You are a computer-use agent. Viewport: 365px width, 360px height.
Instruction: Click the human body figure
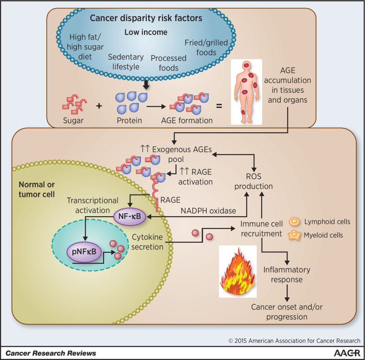pos(246,92)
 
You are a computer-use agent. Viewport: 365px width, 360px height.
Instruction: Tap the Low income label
pos(146,32)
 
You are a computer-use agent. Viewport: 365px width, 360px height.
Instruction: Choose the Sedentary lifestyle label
pos(126,62)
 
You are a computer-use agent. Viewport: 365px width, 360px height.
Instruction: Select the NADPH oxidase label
pos(209,211)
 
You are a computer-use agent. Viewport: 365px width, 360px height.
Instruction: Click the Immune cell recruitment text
pos(261,229)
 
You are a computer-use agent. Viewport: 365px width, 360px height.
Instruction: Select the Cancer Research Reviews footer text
pos(51,353)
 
